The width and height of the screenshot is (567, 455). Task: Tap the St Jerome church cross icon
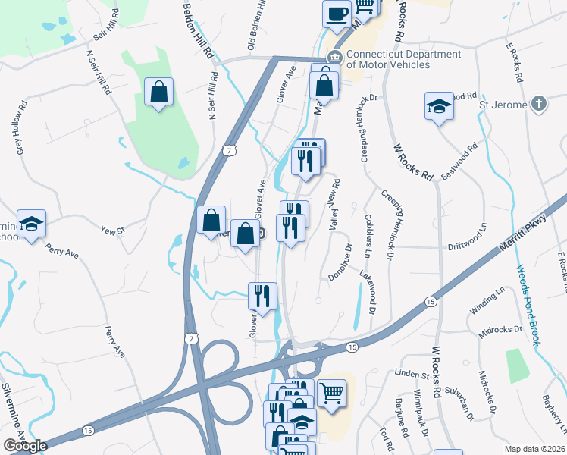click(x=538, y=104)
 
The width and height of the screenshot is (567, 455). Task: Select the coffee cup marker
click(x=336, y=14)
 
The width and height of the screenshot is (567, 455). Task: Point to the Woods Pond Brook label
click(x=528, y=304)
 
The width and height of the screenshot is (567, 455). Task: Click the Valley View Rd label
click(x=334, y=204)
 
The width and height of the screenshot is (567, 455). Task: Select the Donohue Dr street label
click(x=340, y=262)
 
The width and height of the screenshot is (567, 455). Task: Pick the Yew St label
click(x=112, y=227)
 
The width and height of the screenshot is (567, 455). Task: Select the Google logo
click(x=25, y=446)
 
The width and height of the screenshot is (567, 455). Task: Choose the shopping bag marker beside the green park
click(x=159, y=93)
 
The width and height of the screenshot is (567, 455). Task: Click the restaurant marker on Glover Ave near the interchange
click(x=263, y=297)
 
